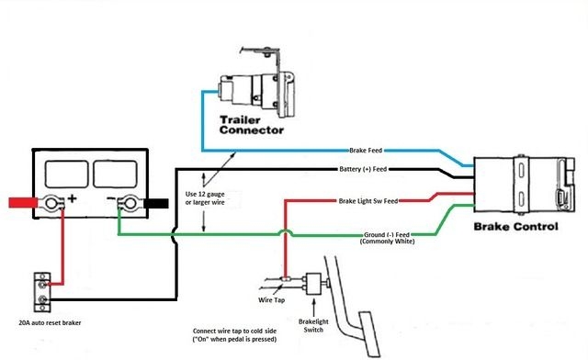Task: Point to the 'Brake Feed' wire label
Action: pyautogui.click(x=370, y=150)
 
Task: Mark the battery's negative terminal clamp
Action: pyautogui.click(x=129, y=204)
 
